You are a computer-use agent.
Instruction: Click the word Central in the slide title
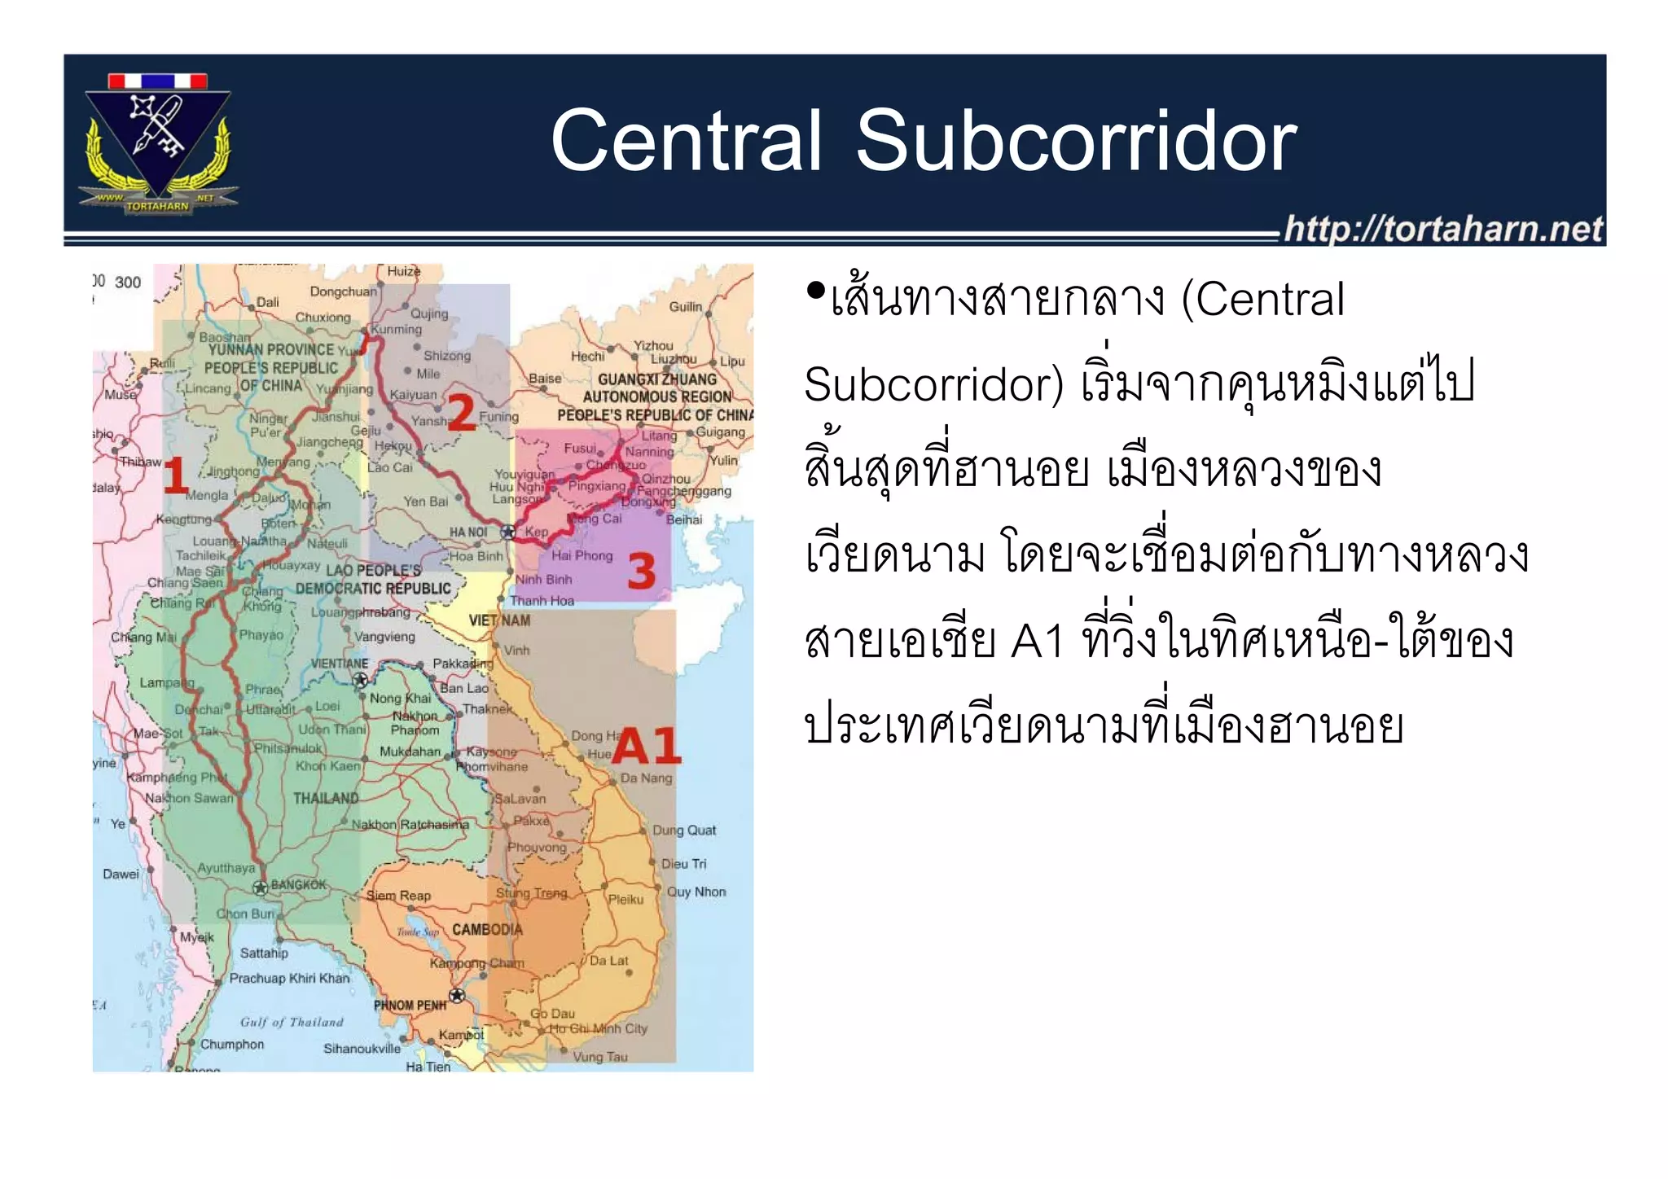(686, 142)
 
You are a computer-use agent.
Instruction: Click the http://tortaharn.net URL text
(1442, 229)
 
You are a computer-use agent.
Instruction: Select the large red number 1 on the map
(175, 476)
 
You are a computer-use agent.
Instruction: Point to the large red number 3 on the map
(641, 571)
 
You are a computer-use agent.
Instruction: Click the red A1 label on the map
(646, 745)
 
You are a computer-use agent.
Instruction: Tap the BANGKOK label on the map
(298, 884)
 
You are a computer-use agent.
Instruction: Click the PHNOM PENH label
(410, 1005)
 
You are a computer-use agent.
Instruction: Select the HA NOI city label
(468, 532)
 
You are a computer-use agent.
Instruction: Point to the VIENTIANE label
(340, 663)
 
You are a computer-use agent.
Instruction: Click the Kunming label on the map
(397, 329)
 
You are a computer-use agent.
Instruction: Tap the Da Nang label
(646, 778)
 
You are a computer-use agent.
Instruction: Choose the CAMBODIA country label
(487, 929)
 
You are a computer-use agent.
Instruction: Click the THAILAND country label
(326, 798)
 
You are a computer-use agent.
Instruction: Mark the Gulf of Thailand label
(292, 1022)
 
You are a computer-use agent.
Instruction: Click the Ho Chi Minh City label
(599, 1028)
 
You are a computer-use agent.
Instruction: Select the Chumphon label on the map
(232, 1044)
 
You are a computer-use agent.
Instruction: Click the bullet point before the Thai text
(814, 290)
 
